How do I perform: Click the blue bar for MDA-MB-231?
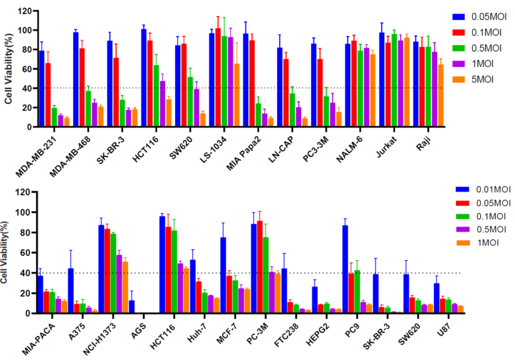click(42, 88)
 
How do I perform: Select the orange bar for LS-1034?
click(237, 95)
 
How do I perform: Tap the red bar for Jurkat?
click(388, 84)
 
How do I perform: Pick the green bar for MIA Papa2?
click(258, 115)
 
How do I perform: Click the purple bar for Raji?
click(435, 89)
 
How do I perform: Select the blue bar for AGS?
click(131, 307)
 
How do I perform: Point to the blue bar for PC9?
click(345, 269)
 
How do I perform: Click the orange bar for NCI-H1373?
click(125, 288)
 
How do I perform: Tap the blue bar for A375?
click(70, 291)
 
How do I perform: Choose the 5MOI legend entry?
click(473, 80)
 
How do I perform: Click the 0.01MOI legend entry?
click(483, 190)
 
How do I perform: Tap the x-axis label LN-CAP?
click(281, 149)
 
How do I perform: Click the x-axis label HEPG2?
click(317, 335)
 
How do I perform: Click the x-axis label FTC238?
click(286, 335)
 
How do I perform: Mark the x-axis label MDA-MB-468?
click(70, 156)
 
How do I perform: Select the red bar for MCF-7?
click(229, 294)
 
